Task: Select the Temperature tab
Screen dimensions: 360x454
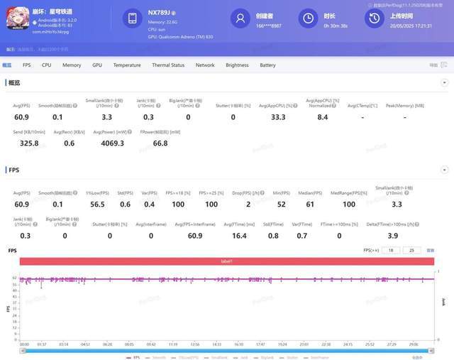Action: point(126,65)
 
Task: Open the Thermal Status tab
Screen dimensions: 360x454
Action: point(167,65)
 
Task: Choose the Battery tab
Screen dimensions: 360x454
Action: point(267,65)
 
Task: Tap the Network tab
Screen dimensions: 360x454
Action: point(205,65)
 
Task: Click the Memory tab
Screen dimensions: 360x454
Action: point(71,65)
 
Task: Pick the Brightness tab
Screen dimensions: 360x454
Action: point(237,65)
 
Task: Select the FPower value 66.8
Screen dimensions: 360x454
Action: point(160,143)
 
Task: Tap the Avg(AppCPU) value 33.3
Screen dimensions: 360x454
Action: point(278,117)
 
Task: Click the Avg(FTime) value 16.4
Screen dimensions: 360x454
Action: point(239,235)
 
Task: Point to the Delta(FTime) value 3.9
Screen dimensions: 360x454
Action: point(393,235)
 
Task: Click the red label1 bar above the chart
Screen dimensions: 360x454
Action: point(226,262)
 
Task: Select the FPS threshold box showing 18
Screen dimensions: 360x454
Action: point(391,251)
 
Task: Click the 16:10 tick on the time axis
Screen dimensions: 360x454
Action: point(238,344)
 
